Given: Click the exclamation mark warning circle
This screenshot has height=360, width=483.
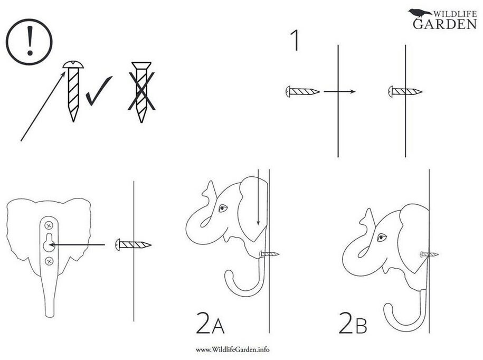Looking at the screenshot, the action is [29, 42].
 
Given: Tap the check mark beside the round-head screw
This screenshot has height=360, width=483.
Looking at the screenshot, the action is [99, 91].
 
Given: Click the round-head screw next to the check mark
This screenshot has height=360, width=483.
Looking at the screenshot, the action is [73, 91].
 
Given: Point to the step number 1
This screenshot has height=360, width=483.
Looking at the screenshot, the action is [295, 40].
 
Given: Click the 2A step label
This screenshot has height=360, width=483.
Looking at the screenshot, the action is [211, 323].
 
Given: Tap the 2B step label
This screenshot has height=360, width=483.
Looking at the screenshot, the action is [353, 323].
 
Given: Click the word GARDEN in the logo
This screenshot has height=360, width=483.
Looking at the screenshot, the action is [445, 24].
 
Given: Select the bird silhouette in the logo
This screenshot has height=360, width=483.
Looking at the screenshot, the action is [420, 14].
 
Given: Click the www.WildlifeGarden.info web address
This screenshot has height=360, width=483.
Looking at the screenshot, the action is [233, 349].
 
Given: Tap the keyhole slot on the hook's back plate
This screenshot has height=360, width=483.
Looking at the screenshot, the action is [49, 242].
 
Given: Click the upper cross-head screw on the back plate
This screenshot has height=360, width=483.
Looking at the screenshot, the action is [49, 225].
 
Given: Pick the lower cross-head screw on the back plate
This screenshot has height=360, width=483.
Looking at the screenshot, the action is [49, 261].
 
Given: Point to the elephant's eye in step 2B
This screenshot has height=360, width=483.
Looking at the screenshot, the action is [382, 237].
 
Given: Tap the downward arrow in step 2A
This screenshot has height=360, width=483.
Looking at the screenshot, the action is [259, 197].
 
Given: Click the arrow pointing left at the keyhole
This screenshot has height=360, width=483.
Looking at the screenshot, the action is [77, 245].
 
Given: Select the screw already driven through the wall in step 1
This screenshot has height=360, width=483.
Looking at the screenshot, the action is [405, 91].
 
